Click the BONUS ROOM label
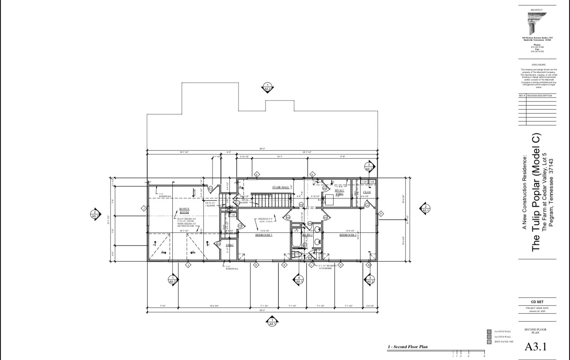184,210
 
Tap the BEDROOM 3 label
263,235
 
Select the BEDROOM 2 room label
348,235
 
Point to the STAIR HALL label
281,187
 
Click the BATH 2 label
308,235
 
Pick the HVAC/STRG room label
339,192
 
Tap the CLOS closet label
367,192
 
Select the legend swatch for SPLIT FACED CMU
489,342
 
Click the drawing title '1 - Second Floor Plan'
407,347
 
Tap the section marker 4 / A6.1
299,280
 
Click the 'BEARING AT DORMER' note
327,267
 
